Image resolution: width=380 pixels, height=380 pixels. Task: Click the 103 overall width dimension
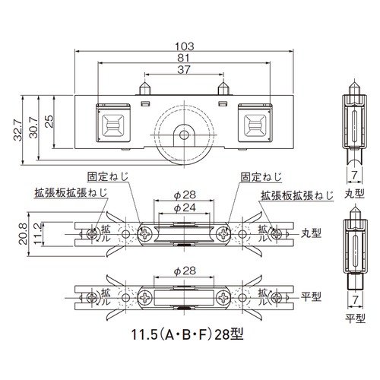pos(185,46)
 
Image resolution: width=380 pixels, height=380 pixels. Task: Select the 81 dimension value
pos(183,58)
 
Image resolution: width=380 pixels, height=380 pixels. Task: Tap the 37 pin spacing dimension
pos(184,69)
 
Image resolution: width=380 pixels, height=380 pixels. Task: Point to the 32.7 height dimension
pos(18,130)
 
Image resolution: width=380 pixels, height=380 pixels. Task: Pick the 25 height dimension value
pos(49,122)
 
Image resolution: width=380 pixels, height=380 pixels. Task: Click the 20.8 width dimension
pos(23,233)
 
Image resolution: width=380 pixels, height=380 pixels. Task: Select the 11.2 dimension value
pos(38,234)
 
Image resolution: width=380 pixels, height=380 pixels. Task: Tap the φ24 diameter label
pos(185,208)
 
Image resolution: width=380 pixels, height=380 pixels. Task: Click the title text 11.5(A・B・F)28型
pos(188,334)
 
